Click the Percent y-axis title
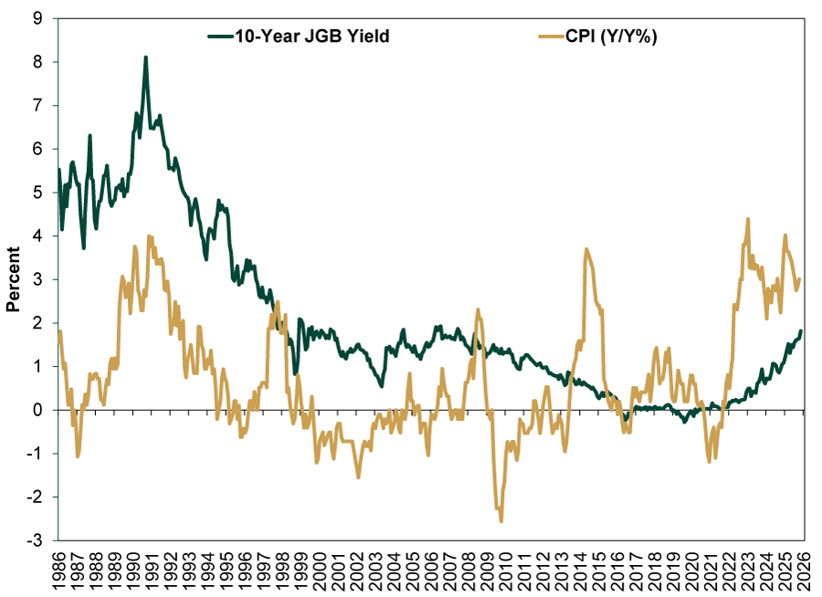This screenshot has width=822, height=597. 14,279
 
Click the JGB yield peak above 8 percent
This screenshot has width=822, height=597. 145,57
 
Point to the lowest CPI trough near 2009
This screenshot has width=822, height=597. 501,520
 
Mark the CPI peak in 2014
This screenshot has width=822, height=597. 586,249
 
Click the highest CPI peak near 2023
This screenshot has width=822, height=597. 748,219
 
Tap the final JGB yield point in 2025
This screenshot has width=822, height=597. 801,330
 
